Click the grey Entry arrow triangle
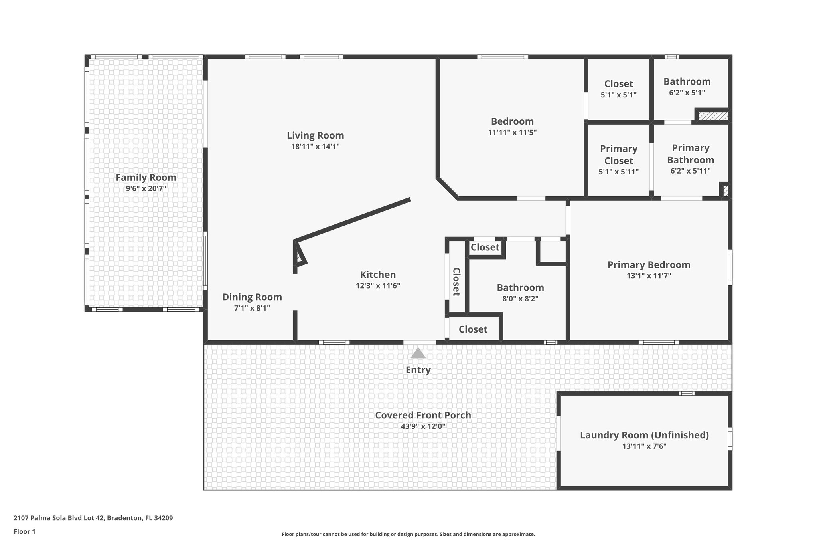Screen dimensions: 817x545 click(x=418, y=353)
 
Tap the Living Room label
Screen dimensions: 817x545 click(x=315, y=135)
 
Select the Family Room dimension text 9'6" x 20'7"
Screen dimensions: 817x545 click(x=146, y=188)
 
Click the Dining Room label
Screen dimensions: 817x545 click(x=252, y=297)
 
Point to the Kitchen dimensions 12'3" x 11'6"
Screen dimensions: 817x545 click(x=378, y=286)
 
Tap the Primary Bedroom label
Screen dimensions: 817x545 click(x=649, y=265)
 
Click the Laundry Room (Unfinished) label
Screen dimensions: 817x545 click(x=644, y=435)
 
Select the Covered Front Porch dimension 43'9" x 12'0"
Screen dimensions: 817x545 click(x=423, y=426)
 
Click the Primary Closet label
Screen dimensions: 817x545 click(x=619, y=155)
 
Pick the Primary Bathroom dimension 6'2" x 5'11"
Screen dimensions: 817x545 click(x=691, y=171)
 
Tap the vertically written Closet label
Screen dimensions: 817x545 click(x=456, y=281)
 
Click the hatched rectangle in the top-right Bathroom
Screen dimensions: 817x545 click(x=713, y=116)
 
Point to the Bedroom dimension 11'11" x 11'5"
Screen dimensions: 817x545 click(x=512, y=133)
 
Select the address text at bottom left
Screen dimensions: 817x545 click(x=93, y=518)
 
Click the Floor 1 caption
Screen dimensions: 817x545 click(x=24, y=531)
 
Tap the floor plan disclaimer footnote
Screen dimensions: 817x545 click(x=408, y=534)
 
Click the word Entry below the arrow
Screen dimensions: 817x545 click(x=418, y=370)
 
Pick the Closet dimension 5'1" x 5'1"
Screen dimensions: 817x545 click(x=618, y=95)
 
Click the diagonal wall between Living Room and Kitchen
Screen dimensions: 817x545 click(x=353, y=220)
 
